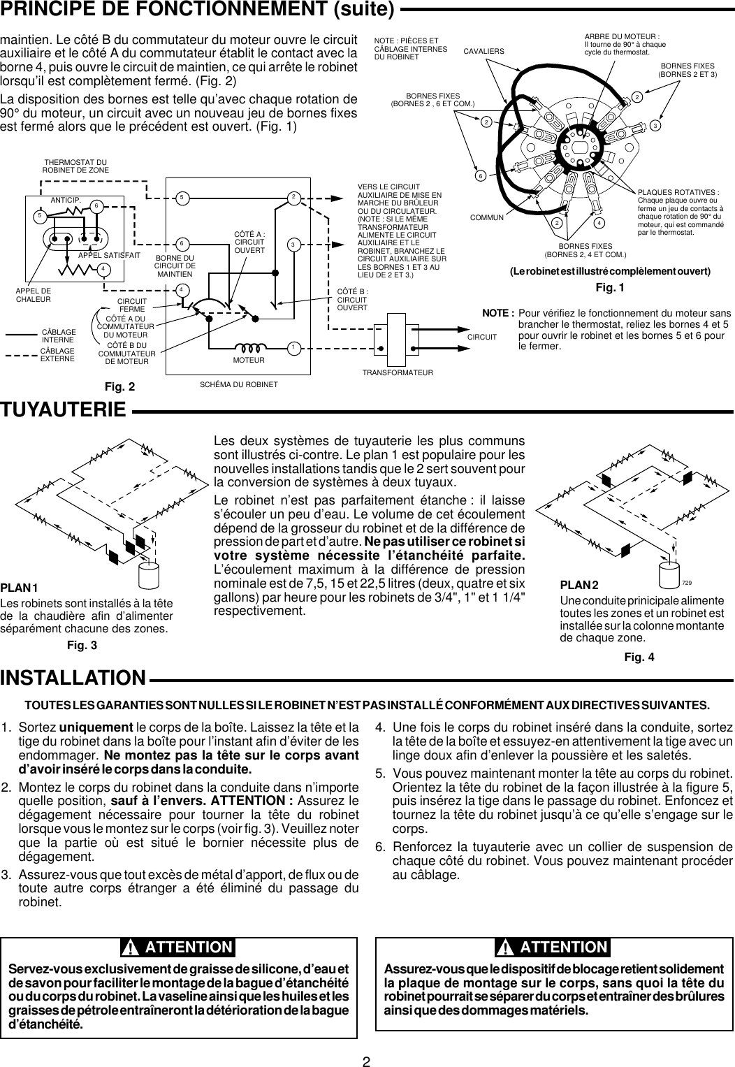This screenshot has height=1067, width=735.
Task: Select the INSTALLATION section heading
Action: coord(73,678)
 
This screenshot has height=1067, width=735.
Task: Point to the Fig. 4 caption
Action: coord(639,657)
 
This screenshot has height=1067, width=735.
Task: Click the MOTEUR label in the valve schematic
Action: coord(249,360)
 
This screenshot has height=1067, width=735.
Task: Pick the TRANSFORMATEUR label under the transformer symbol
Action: coord(398,373)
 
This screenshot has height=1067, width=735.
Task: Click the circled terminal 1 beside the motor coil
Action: coord(294,347)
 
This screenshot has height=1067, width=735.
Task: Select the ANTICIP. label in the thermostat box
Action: coord(66,200)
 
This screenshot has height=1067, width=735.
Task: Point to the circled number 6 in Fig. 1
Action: coord(481,175)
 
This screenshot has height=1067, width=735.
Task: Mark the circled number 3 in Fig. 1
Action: coord(655,125)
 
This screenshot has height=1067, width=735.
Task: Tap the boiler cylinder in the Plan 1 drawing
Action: coord(150,574)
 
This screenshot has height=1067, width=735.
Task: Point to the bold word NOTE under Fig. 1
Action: coord(502,314)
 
